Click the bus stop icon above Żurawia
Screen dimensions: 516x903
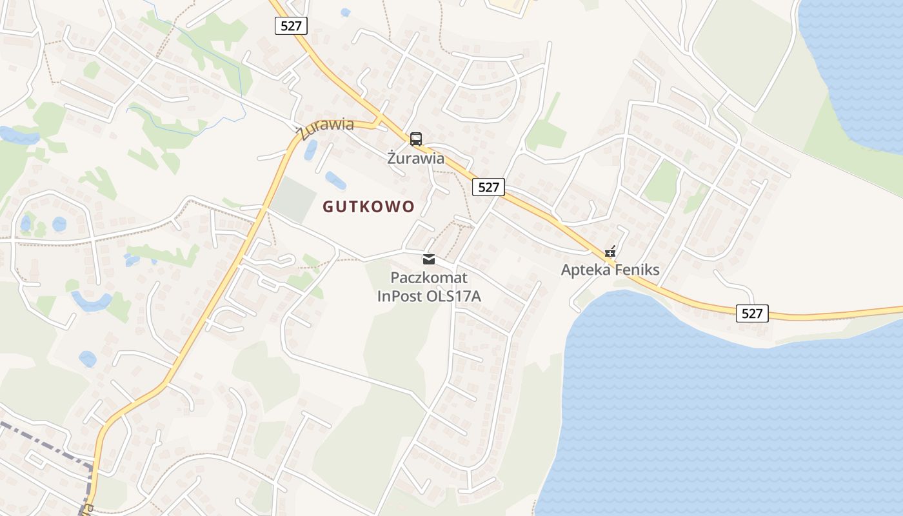tap(416, 139)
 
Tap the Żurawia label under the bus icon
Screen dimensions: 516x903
tap(416, 158)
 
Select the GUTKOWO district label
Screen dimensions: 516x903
tap(368, 207)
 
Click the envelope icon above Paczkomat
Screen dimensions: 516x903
tap(429, 259)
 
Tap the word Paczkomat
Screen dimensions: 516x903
tap(429, 278)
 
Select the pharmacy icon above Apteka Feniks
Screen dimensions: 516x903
tap(610, 252)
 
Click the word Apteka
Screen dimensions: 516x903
tap(585, 270)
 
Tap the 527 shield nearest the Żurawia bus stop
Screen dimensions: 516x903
tap(488, 187)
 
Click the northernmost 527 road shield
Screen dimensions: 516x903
tap(291, 26)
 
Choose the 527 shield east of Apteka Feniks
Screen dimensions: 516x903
tap(752, 313)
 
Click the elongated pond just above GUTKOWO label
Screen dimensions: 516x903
tap(335, 181)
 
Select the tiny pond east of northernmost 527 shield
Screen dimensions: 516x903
tap(345, 12)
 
